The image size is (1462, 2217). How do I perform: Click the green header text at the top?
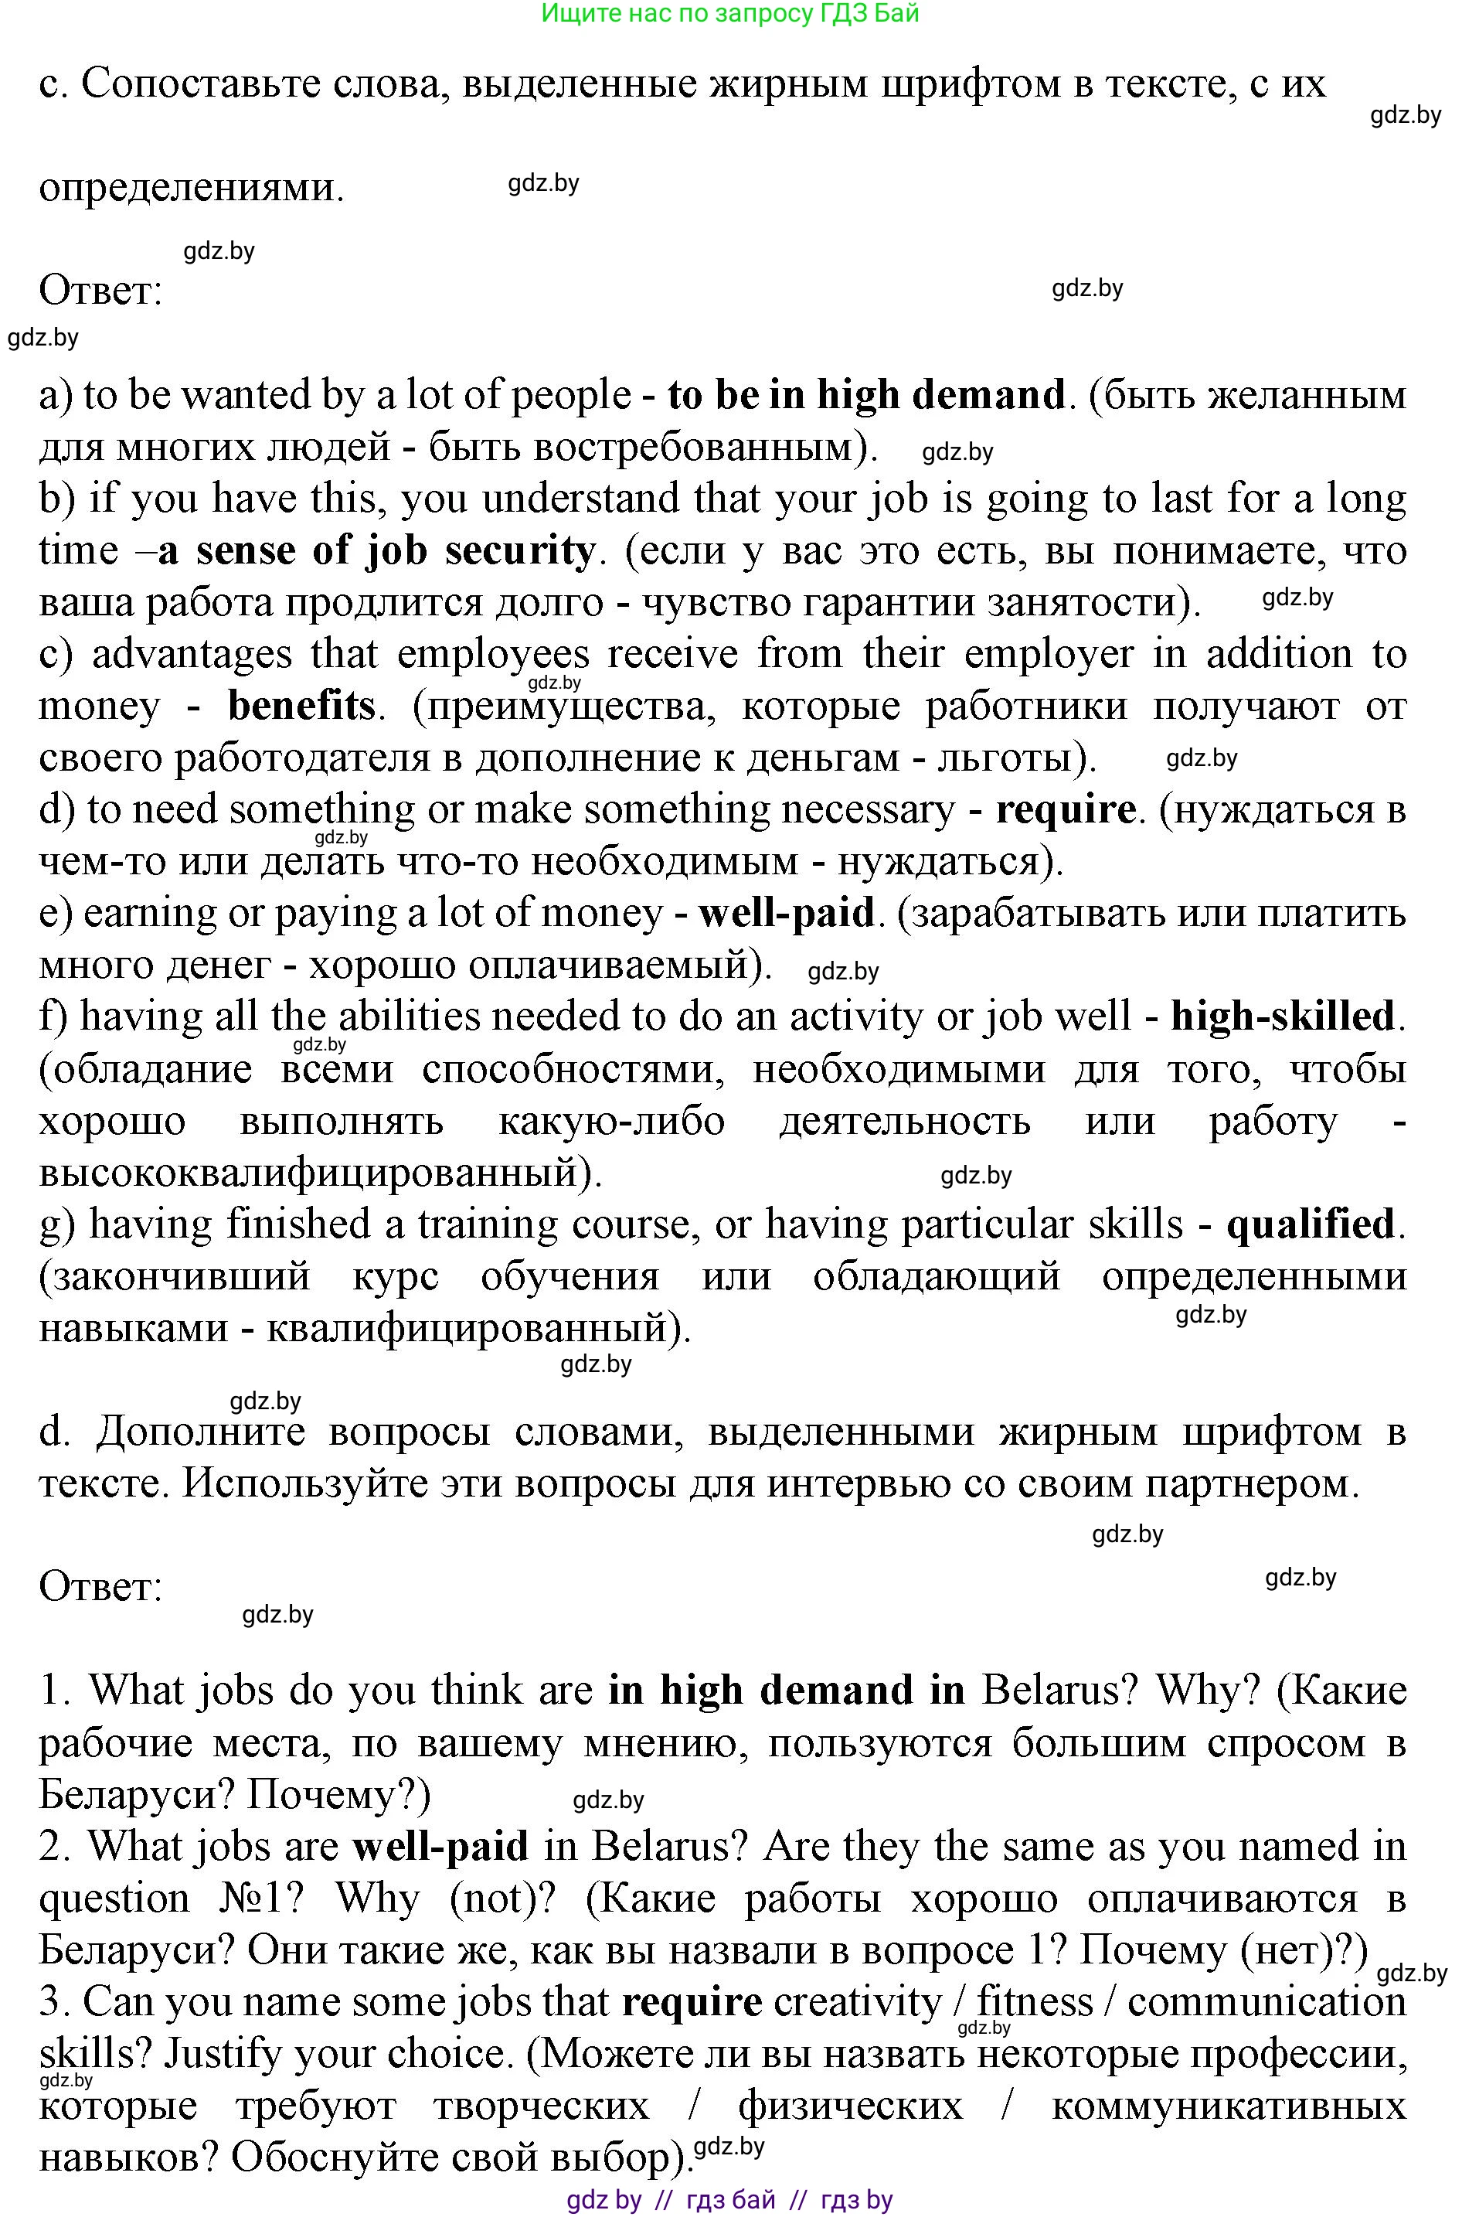pos(730,13)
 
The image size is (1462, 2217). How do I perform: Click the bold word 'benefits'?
pos(301,706)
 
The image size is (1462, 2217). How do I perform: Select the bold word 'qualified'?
pos(1310,1224)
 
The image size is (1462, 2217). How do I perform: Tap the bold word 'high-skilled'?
pos(1282,1016)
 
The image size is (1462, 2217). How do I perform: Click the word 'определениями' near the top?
pos(186,188)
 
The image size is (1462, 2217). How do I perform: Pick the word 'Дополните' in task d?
pos(200,1432)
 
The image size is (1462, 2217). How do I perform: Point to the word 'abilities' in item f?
pos(410,1016)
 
